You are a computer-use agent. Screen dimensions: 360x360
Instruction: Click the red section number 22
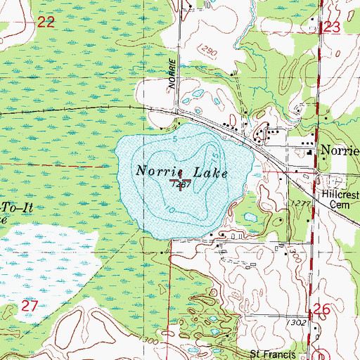46,22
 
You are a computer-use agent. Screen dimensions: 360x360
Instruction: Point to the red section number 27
29,306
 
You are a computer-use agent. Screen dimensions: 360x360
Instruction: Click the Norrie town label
339,150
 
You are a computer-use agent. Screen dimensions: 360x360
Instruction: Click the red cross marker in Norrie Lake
181,185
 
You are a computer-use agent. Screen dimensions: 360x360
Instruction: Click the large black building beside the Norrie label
309,150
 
